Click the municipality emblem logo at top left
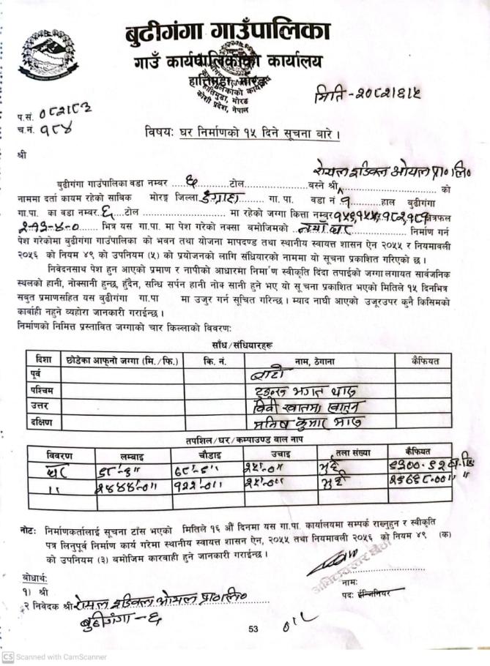click(x=46, y=57)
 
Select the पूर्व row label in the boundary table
click(x=37, y=375)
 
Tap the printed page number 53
click(x=254, y=629)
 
